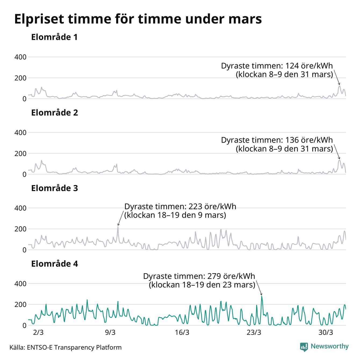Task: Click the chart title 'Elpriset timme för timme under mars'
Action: pos(138,19)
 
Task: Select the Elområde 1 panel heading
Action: pos(54,37)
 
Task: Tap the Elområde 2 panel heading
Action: pos(54,113)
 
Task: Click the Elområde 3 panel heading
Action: pos(54,188)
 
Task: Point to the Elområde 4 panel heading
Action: pos(54,264)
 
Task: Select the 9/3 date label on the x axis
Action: pos(110,333)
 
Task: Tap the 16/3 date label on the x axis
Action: pos(182,333)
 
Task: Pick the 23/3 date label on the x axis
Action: pos(254,333)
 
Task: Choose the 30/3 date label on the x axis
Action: pos(326,333)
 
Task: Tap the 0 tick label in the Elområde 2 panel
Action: pos(24,174)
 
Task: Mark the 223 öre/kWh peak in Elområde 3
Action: pos(118,226)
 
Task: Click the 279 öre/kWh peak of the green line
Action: pos(262,296)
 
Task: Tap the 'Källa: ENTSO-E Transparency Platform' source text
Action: pos(66,348)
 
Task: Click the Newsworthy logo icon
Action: pos(304,347)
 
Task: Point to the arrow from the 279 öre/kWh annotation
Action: pos(259,288)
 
